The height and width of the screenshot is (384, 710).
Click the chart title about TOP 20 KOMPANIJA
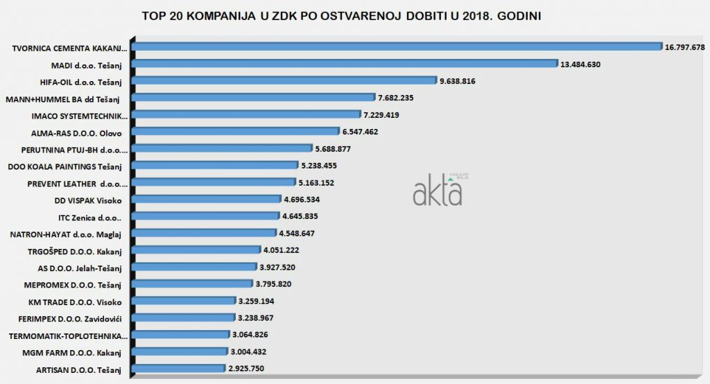pos(341,15)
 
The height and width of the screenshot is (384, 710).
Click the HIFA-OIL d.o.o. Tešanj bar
pos(284,80)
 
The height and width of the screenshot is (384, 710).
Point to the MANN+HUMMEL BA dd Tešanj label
pos(64,98)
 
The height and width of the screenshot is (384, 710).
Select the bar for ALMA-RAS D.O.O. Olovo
pos(236,131)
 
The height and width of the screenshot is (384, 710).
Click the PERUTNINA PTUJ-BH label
pos(67,149)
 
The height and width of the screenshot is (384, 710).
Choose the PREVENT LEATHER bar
pos(214,182)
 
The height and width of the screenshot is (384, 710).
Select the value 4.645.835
pos(308,216)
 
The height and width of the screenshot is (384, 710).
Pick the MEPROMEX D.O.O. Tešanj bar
pos(192,283)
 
